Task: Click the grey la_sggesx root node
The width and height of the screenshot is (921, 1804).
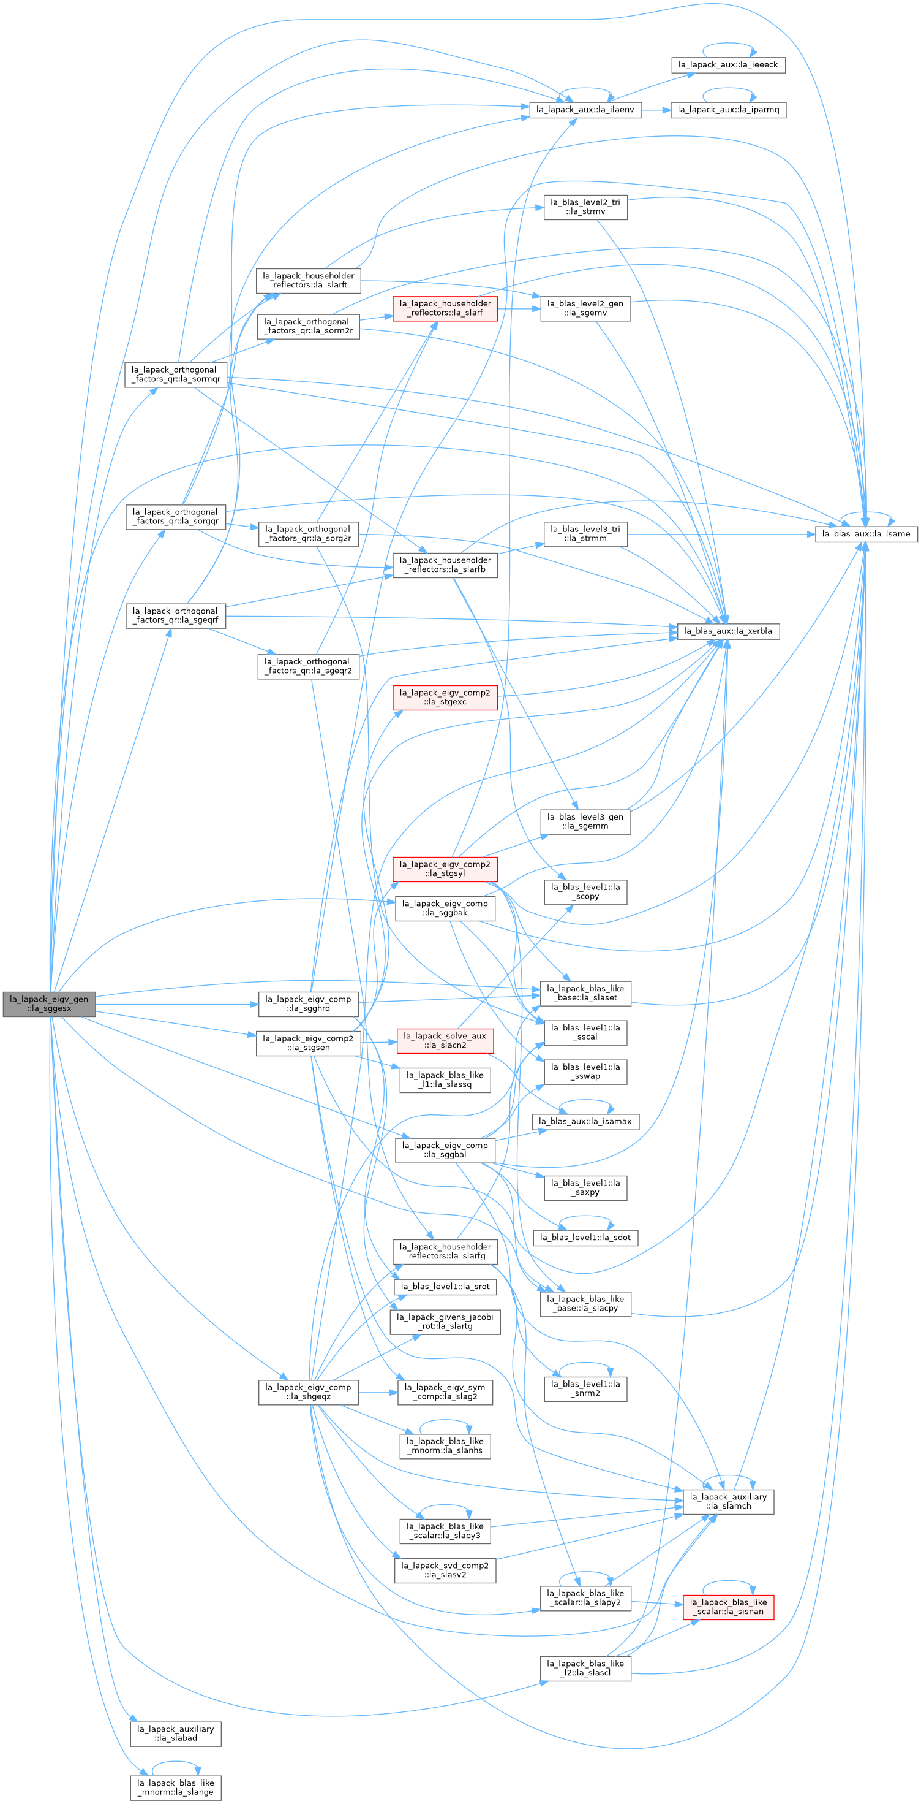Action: coord(49,1003)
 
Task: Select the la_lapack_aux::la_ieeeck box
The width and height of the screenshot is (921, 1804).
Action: coord(728,64)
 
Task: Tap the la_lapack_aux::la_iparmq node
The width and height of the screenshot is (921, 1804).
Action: coord(728,109)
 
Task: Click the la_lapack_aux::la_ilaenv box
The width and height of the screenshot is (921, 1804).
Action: coord(585,109)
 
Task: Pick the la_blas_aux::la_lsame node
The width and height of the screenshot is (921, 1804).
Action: coord(866,534)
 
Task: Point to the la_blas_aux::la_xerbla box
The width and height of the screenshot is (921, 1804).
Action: coord(728,631)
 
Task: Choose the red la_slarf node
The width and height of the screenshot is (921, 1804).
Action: coord(445,308)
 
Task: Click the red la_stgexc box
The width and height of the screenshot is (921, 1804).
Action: coord(445,697)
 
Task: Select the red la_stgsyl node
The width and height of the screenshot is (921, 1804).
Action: coord(445,869)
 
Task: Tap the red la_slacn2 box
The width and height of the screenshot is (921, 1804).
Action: coord(445,1040)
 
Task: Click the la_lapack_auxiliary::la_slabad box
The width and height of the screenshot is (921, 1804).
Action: coord(176,1734)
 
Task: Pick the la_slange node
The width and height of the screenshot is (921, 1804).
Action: coord(176,1787)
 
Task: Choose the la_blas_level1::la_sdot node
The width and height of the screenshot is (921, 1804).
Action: coord(585,1238)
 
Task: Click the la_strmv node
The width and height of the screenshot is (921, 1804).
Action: coord(585,207)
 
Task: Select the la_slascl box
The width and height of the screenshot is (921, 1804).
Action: coord(585,1668)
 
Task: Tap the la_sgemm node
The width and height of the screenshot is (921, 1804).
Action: coord(585,821)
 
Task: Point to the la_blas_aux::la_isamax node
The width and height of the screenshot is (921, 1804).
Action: coord(585,1121)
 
